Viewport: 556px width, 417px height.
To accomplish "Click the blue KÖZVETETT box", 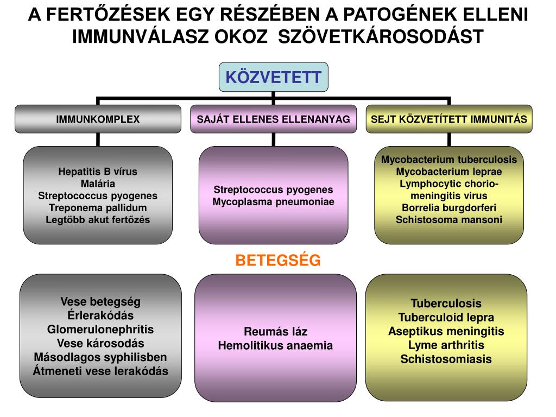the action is [x=274, y=77].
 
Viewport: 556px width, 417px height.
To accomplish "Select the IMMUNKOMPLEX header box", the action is [x=98, y=119].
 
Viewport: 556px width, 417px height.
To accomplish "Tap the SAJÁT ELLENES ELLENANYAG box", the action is [x=273, y=119].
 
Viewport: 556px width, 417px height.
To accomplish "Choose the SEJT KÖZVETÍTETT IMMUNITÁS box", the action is [x=449, y=119].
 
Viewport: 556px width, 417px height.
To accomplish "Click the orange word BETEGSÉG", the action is [x=278, y=261].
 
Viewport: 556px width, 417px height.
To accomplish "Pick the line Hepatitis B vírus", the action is [x=98, y=172].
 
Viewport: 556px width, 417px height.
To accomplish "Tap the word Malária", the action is [x=98, y=184].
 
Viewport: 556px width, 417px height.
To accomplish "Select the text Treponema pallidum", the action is [x=98, y=207].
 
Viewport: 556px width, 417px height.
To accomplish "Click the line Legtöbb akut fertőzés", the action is [x=98, y=219].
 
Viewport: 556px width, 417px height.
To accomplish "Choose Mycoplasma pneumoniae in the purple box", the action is [x=273, y=201].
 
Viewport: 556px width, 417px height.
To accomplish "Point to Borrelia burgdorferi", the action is [x=449, y=207].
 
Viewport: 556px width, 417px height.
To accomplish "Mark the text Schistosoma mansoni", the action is [x=449, y=219].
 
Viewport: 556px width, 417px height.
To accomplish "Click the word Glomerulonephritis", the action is [x=100, y=329].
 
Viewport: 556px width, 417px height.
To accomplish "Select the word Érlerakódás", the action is [x=100, y=315].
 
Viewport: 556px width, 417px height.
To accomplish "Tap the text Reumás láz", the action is [x=275, y=332].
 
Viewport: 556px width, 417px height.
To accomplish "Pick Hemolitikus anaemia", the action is [x=275, y=345].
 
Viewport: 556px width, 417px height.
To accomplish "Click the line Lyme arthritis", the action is [x=446, y=345].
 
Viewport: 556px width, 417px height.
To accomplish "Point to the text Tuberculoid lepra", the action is [x=446, y=317].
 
